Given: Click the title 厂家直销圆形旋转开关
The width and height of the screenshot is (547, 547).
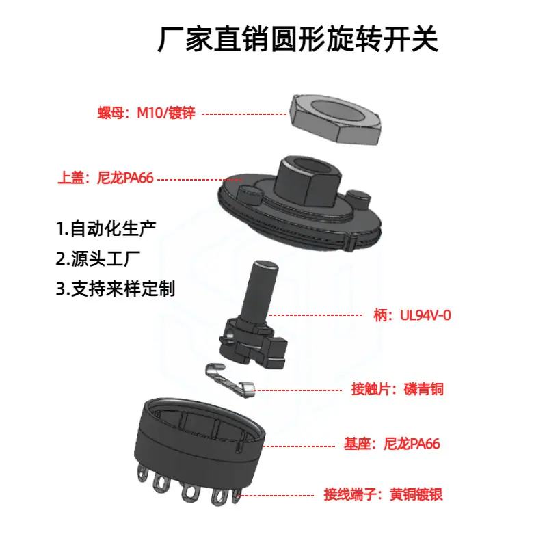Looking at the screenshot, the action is pos(297,39).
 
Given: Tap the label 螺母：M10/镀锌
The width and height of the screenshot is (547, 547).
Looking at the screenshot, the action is pos(146,113).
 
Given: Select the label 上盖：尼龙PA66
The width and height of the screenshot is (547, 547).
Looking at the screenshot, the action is pos(106,178).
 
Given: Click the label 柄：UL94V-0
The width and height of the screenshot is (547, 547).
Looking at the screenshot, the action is pos(412,315).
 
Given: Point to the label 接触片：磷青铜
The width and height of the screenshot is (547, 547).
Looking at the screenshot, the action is pos(397,389).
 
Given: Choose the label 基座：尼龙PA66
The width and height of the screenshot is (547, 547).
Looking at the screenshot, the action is pos(392,444).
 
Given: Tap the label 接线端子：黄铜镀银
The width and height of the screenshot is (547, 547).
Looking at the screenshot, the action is pos(383,494).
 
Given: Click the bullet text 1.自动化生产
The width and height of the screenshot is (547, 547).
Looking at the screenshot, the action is pos(106,229).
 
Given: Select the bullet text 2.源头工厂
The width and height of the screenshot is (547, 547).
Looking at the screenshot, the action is pos(98,259).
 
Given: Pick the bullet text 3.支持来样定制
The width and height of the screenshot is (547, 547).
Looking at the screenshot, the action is pos(116,289).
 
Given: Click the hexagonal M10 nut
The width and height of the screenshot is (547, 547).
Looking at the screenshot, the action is pos(336,120).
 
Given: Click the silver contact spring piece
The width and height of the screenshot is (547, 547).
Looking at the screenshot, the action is pos(229,380).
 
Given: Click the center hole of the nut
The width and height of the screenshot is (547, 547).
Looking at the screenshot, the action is pos(336,110).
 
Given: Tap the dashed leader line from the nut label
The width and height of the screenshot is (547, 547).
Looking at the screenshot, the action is pos(244,114).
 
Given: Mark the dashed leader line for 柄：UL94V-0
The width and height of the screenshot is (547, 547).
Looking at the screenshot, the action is pos(316,315).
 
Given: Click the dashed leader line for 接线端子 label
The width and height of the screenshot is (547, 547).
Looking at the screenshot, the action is pos(277,495).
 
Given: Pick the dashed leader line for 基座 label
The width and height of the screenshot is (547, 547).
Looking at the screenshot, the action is pos(299,446).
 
